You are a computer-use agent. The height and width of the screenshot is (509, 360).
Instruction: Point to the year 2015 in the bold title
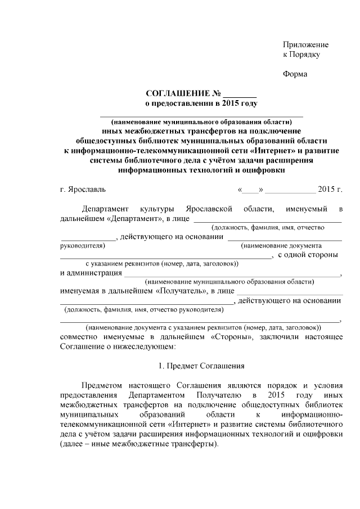[x=225, y=103]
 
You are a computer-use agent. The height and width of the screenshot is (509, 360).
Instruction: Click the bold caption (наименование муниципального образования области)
[x=201, y=121]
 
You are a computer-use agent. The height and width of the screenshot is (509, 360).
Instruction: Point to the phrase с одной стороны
[x=308, y=255]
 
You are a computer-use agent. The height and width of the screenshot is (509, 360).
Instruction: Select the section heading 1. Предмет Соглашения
[x=201, y=366]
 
